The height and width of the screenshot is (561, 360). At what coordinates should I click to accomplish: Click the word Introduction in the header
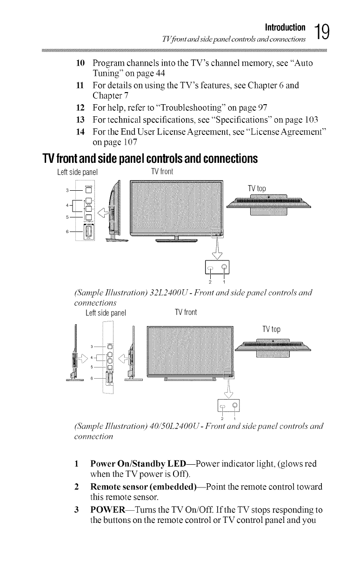click(285, 27)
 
